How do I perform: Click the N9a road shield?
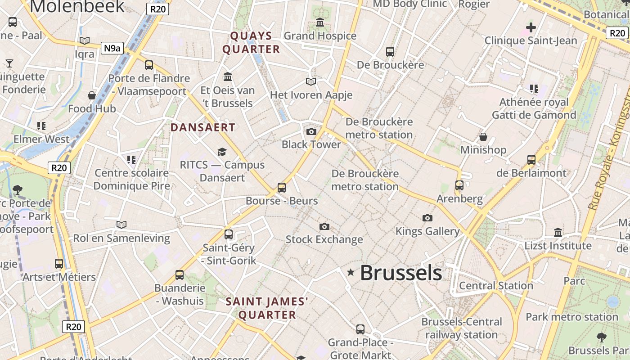(x=112, y=48)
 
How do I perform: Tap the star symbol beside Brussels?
(x=351, y=272)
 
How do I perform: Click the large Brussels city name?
(x=401, y=273)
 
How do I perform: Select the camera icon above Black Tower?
(x=311, y=131)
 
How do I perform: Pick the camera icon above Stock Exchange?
(x=324, y=226)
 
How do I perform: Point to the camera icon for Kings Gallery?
(x=427, y=218)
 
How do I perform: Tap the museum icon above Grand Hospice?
(x=320, y=22)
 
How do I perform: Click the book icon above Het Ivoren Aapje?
(x=311, y=81)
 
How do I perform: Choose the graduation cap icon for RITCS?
(x=222, y=152)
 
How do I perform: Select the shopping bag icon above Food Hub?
(x=92, y=95)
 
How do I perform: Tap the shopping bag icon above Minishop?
(x=483, y=136)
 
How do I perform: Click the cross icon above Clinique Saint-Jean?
(x=531, y=27)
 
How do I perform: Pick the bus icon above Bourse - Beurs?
(x=282, y=187)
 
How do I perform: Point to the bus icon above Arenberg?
(x=459, y=185)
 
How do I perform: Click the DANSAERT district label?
(x=203, y=127)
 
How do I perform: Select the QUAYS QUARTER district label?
(x=252, y=42)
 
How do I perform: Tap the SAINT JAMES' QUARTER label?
(x=267, y=308)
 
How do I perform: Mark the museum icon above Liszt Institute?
(x=558, y=233)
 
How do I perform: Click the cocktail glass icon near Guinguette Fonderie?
(x=9, y=63)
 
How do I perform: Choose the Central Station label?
(x=496, y=286)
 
